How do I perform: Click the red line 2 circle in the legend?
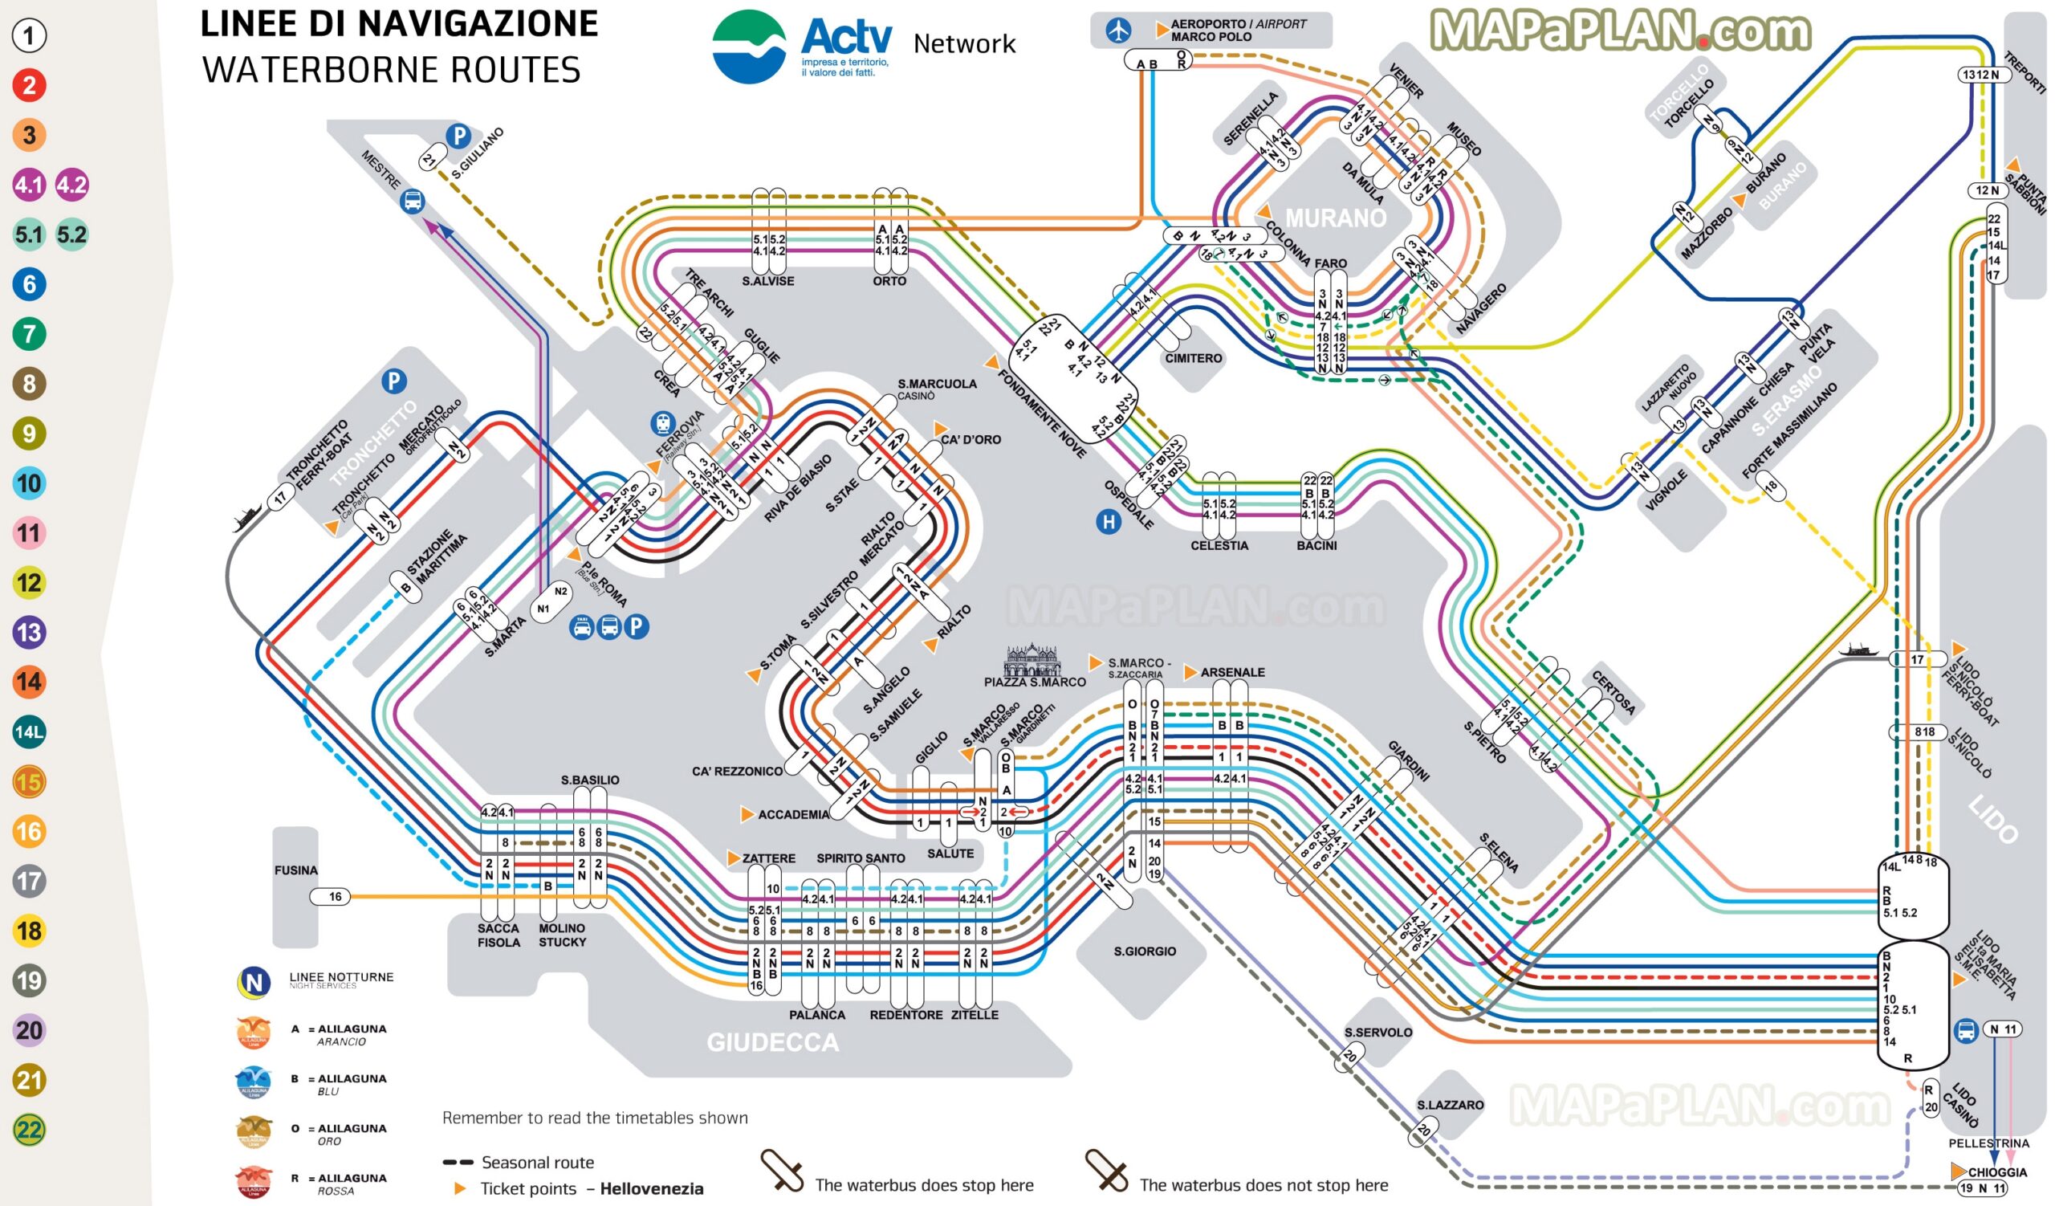pyautogui.click(x=30, y=85)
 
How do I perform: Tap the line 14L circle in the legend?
pyautogui.click(x=30, y=731)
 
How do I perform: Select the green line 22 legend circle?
pyautogui.click(x=30, y=1130)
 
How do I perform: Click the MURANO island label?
pyautogui.click(x=1336, y=218)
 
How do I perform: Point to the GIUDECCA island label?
pyautogui.click(x=772, y=1042)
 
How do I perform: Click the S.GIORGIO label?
pyautogui.click(x=1145, y=951)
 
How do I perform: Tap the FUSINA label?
pyautogui.click(x=296, y=870)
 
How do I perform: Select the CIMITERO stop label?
pyautogui.click(x=1193, y=358)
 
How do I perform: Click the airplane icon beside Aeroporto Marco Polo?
pyautogui.click(x=1118, y=31)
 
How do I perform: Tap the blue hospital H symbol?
pyautogui.click(x=1109, y=522)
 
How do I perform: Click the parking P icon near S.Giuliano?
pyautogui.click(x=459, y=136)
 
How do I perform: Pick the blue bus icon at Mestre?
pyautogui.click(x=413, y=200)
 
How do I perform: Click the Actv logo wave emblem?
pyautogui.click(x=749, y=47)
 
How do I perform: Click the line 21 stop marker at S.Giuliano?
pyautogui.click(x=429, y=160)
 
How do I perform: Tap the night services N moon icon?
pyautogui.click(x=254, y=983)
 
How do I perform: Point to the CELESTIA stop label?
pyautogui.click(x=1219, y=545)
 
